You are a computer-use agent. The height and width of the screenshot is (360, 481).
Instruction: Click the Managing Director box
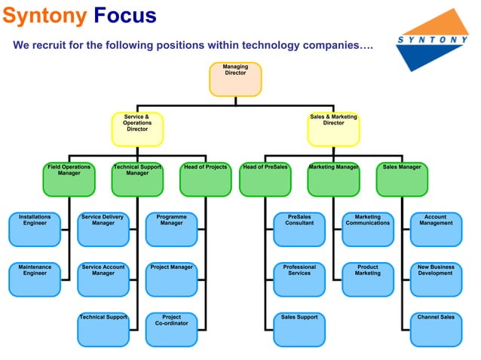(235, 79)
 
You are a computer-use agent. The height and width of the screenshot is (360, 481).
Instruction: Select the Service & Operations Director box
(137, 129)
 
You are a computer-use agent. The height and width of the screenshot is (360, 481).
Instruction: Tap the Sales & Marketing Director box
(333, 129)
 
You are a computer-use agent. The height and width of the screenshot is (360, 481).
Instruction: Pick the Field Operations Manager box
(69, 179)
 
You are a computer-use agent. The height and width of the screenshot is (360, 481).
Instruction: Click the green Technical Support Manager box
(137, 179)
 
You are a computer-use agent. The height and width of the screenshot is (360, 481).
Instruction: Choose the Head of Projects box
(205, 179)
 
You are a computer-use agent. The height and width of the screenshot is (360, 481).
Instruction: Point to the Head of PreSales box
(265, 179)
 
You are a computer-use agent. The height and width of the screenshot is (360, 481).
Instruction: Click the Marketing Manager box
(333, 179)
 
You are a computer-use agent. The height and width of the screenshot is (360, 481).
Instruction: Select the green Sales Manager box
(402, 179)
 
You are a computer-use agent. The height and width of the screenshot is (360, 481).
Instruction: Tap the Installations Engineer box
(35, 229)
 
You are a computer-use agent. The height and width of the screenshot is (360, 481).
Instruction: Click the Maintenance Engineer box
(35, 279)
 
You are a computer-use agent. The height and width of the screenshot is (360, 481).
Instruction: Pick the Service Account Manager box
(103, 279)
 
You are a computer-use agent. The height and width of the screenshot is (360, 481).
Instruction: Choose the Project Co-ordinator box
(171, 329)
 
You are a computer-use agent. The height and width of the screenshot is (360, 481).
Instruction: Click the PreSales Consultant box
(299, 229)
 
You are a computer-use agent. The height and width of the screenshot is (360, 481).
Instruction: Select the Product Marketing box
(368, 279)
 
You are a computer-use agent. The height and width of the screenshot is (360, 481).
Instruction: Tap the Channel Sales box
(436, 329)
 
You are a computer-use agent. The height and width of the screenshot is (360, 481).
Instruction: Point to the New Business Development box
(436, 279)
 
